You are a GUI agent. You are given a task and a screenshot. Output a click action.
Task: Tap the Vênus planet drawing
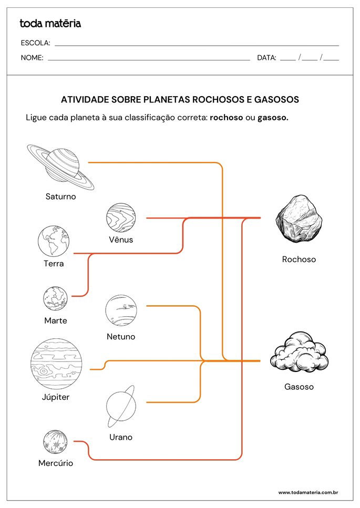coord(121,217)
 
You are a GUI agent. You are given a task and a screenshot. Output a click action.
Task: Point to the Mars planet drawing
coord(55,298)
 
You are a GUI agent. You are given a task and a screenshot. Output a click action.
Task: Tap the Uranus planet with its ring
coord(121,407)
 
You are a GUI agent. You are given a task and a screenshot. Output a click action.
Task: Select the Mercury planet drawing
coord(56,442)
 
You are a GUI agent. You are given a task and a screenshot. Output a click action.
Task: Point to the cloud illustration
coord(299,353)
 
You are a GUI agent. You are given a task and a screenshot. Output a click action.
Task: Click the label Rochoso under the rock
coord(299,260)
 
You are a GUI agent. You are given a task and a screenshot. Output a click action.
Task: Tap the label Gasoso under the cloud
coord(299,387)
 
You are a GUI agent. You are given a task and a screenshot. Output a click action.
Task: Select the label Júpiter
coord(56,397)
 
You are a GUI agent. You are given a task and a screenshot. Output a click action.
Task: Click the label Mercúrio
coord(56,463)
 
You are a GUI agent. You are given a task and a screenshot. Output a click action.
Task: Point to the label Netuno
coord(121,337)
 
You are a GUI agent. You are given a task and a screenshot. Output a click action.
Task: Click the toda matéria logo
coord(50,23)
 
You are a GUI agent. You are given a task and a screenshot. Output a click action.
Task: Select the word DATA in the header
coord(266,58)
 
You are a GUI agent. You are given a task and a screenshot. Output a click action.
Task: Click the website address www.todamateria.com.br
coord(308,493)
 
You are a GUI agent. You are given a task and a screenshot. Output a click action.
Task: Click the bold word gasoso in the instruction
coord(273,118)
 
